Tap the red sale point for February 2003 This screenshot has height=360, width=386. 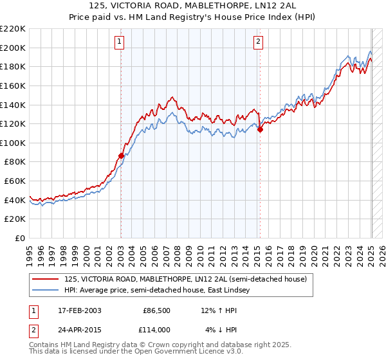coord(121,156)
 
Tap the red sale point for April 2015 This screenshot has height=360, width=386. coord(260,129)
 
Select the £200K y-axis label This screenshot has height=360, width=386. coord(13,48)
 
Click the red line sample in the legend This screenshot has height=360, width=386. coord(46,279)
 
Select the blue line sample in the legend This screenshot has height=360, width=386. coord(46,291)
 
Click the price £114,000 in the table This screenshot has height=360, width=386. coord(156,329)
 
